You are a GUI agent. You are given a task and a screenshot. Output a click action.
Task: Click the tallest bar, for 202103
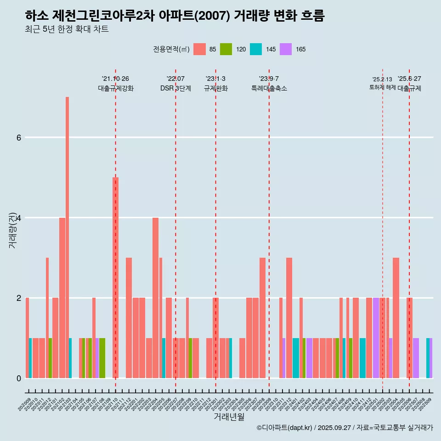[x=67, y=237]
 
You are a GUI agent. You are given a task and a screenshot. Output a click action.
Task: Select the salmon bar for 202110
[x=115, y=277]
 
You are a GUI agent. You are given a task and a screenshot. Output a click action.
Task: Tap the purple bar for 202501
[x=376, y=338]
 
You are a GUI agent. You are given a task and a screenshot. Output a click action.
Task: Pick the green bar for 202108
[x=102, y=358]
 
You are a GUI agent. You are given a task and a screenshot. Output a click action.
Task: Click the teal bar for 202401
[x=296, y=358]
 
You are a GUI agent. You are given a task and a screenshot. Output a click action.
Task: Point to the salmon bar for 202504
[x=396, y=317]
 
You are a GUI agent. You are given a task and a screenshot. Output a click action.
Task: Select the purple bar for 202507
[x=416, y=358]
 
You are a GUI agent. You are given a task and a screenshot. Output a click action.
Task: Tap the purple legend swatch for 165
[x=286, y=49]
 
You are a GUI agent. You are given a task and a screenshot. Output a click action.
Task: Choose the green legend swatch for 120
[x=226, y=49]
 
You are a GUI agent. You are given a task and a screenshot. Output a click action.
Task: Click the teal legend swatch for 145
[x=256, y=49]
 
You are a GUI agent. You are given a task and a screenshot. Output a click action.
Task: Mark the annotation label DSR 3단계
[x=175, y=88]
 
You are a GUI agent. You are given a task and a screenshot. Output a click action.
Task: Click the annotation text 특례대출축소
[x=269, y=88]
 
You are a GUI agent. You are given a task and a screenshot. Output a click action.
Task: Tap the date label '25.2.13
[x=382, y=79]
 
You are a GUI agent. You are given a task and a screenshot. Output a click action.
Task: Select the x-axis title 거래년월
[x=229, y=417]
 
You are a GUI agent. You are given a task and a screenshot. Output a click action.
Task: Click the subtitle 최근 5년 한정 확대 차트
[x=67, y=29]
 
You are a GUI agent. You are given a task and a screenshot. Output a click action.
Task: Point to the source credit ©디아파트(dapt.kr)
[x=284, y=428]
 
